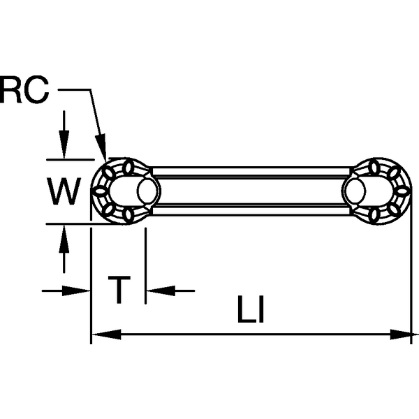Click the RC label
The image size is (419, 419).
(24, 91)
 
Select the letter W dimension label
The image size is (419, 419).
(65, 191)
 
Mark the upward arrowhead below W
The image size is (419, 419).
(64, 235)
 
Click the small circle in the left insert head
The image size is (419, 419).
(147, 190)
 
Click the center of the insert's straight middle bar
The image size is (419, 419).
(251, 190)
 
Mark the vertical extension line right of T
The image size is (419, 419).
(145, 265)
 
